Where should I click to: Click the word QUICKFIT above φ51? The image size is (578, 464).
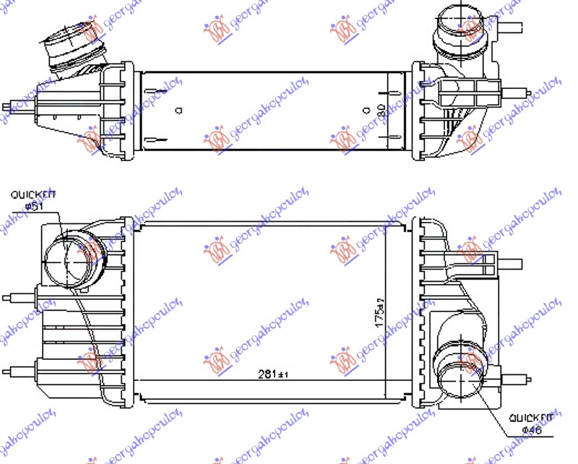33,194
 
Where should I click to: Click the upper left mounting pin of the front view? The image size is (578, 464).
18,296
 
